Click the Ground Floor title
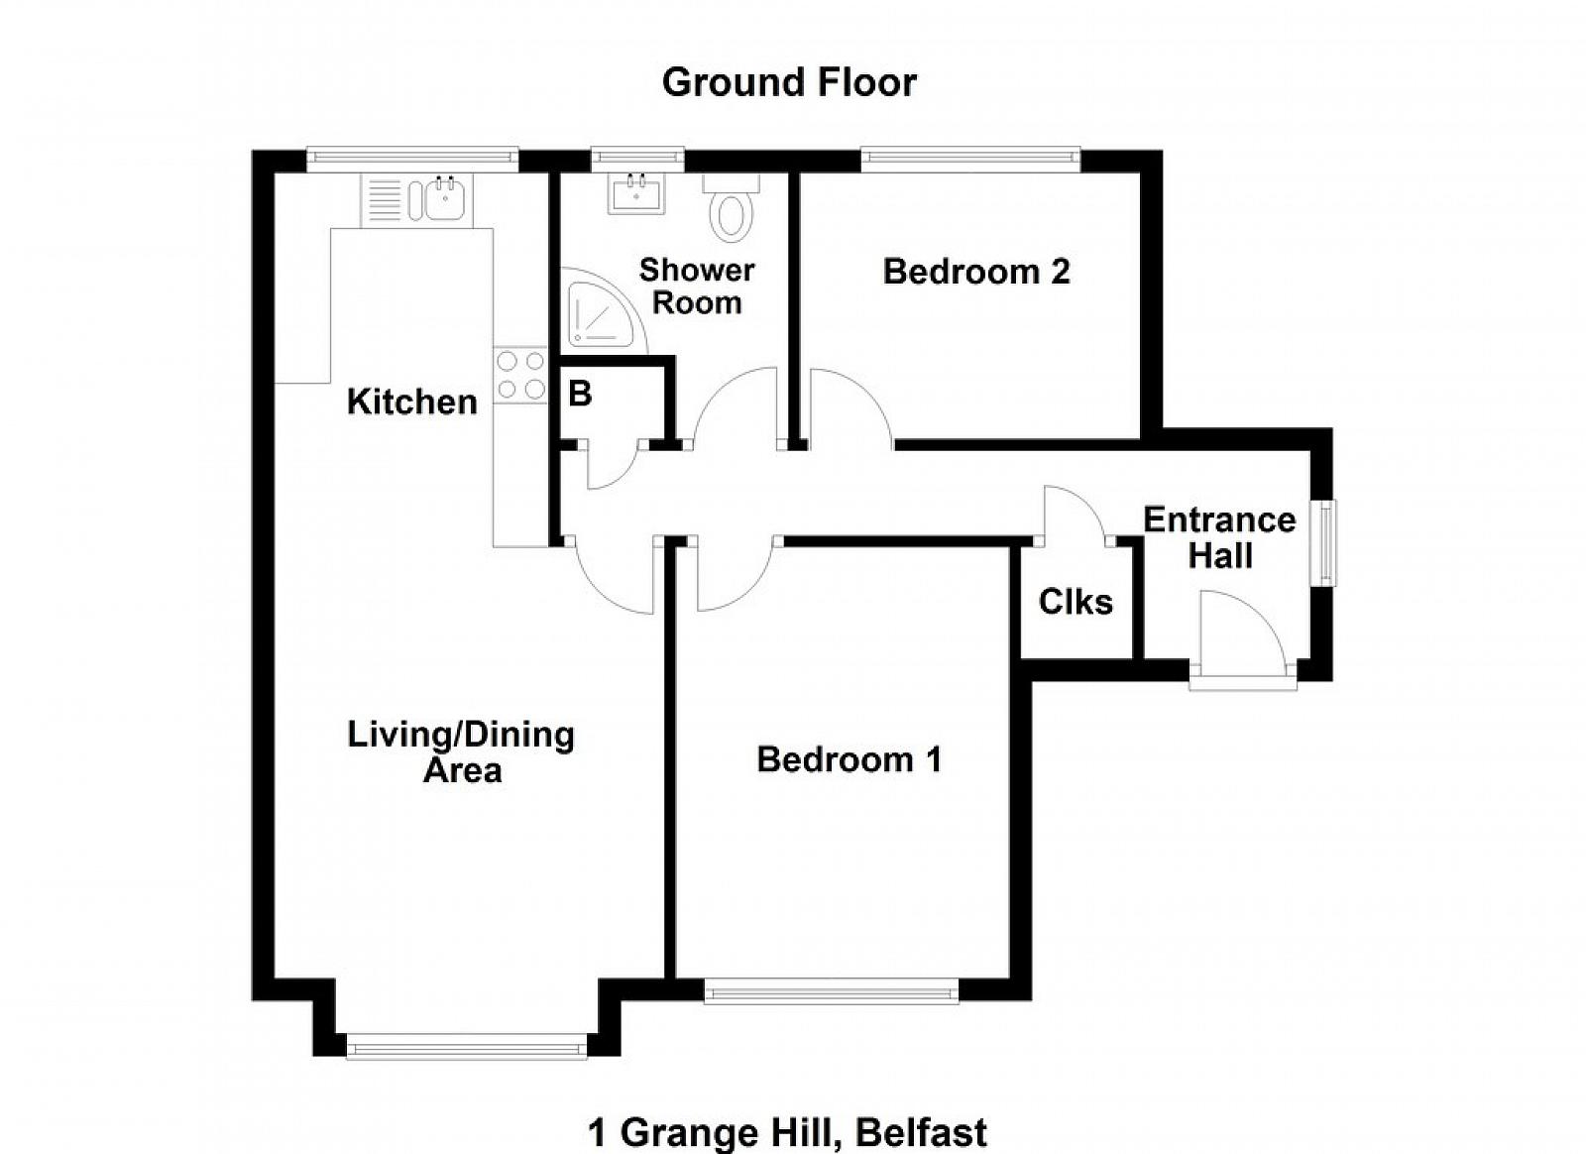pos(789,82)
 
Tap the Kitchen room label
pos(412,403)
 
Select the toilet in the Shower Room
pos(732,207)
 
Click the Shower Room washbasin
pos(636,193)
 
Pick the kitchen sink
pos(444,199)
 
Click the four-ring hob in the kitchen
pos(520,375)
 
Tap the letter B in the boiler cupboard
pos(580,394)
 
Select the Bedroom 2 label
pos(976,272)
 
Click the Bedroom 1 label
pos(849,759)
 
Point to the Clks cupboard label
pos(1076,602)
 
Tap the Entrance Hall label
pos(1219,538)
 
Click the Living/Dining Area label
pos(461,752)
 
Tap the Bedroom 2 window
pos(970,160)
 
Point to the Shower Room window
pos(638,160)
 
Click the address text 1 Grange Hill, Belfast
pos(787,1133)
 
